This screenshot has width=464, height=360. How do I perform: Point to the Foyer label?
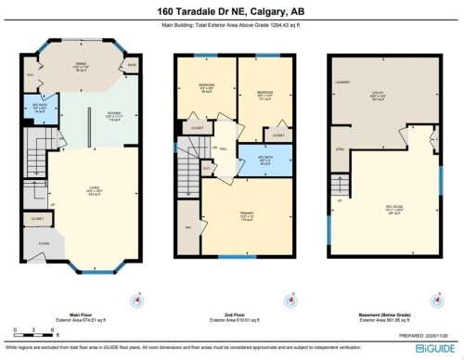pyautogui.click(x=44, y=246)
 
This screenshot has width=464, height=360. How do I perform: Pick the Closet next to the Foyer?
pyautogui.click(x=38, y=220)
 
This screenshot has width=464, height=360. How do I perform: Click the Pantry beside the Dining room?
pyautogui.click(x=132, y=66)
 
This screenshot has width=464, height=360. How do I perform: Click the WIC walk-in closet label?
pyautogui.click(x=189, y=227)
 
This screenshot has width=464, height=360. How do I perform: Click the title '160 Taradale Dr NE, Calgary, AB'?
pyautogui.click(x=232, y=11)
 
